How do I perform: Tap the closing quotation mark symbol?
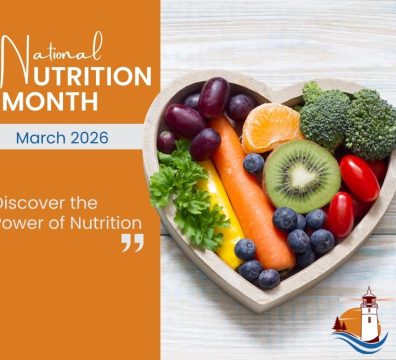pos(132,242)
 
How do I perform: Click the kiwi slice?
pos(301,176)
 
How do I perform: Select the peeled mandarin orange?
pos(271,127)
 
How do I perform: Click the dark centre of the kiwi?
pos(301,176)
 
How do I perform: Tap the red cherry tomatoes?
pos(357,180)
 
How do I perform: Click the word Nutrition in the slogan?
pos(99,222)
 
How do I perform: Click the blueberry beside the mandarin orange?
pos(254,162)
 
